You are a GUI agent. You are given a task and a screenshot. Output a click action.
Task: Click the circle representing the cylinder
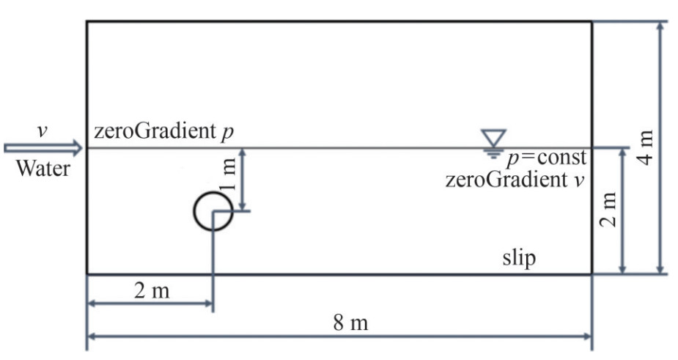tap(213, 211)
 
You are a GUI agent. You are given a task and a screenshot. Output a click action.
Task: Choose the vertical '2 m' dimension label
tap(609, 211)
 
